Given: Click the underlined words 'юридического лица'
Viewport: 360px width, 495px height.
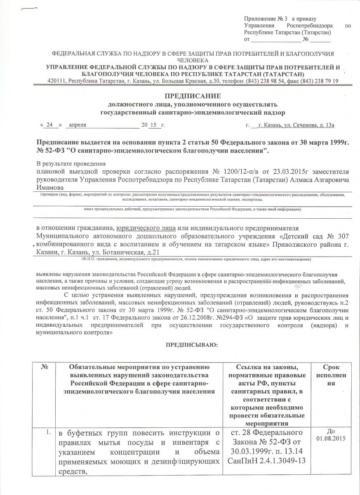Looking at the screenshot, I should (147, 228).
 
